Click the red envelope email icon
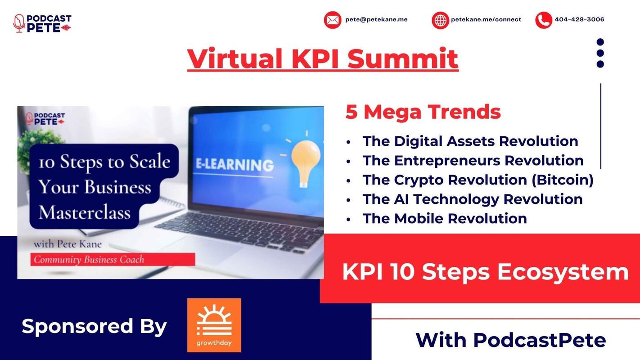[x=333, y=20]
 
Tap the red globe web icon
[x=440, y=20]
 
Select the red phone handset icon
[x=544, y=20]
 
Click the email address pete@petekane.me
[x=376, y=19]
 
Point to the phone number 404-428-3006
[x=579, y=19]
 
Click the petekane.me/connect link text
[x=486, y=19]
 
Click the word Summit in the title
[x=403, y=58]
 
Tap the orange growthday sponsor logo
[x=214, y=325]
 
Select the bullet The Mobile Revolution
[x=445, y=219]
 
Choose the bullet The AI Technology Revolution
[x=473, y=199]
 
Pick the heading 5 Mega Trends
[x=423, y=112]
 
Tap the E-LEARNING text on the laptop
[x=234, y=165]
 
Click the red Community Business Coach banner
[x=113, y=260]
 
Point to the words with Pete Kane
[x=68, y=244]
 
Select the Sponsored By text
[x=94, y=326]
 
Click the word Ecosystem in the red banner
[x=563, y=272]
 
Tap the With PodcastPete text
[x=510, y=340]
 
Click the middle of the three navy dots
[x=600, y=53]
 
